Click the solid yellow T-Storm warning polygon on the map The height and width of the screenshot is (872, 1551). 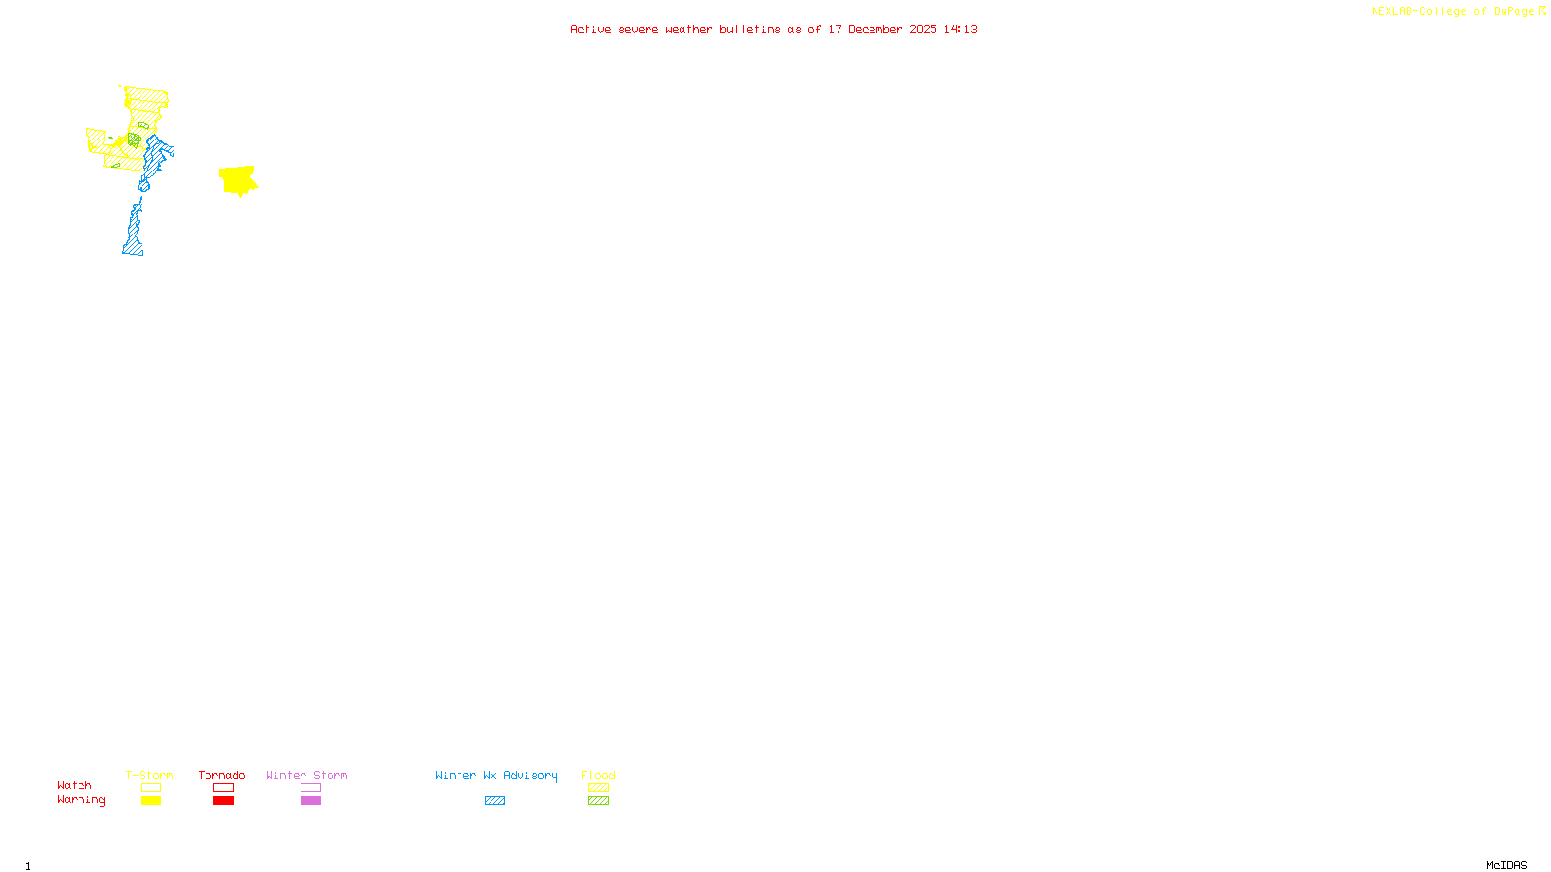click(237, 179)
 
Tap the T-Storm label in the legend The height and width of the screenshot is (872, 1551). click(149, 775)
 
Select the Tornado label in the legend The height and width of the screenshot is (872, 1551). click(222, 775)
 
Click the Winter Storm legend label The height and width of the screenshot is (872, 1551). click(306, 775)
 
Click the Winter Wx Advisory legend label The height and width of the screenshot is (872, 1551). click(496, 775)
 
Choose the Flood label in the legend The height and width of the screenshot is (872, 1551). click(598, 775)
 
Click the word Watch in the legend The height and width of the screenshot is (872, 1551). click(75, 785)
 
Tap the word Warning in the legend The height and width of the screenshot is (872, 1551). click(81, 800)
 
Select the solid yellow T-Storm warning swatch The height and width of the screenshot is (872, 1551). click(150, 801)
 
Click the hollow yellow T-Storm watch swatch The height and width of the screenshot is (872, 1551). click(150, 788)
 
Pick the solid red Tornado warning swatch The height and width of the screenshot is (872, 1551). click(223, 801)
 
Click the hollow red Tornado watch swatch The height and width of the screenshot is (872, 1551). click(223, 788)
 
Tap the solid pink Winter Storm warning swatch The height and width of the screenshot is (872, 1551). click(310, 801)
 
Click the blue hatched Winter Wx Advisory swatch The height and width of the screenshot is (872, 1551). click(494, 801)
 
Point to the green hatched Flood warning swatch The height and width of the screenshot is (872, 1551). click(598, 801)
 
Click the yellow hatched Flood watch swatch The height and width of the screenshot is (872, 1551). click(598, 788)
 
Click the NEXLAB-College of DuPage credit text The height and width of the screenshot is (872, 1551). click(1454, 12)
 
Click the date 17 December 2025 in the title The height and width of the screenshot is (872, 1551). click(882, 29)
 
